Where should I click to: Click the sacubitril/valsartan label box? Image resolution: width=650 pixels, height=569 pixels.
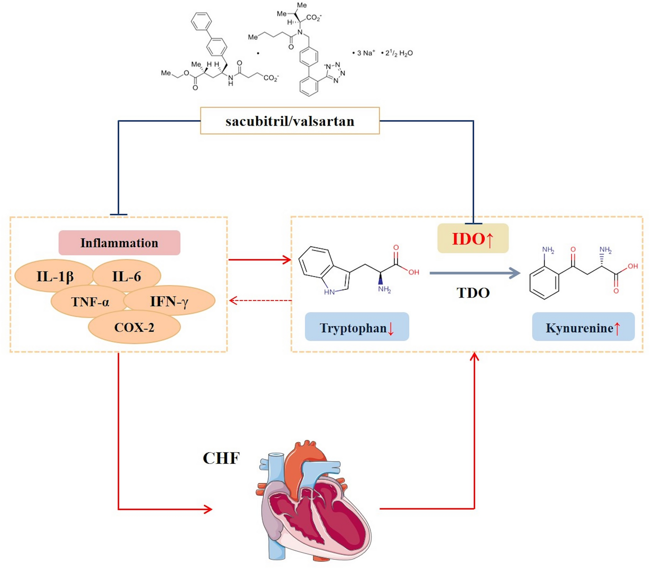point(289,121)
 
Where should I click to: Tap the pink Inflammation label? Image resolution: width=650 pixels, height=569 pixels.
point(119,243)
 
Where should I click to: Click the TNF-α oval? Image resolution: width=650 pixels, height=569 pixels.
point(90,302)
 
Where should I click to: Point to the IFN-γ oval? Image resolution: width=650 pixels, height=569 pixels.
point(169,301)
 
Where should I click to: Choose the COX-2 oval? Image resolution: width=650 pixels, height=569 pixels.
point(134,327)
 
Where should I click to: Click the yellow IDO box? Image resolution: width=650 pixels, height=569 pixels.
point(472,239)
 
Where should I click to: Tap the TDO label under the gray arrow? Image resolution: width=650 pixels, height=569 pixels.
point(473,293)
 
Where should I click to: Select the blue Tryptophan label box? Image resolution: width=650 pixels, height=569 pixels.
point(356,327)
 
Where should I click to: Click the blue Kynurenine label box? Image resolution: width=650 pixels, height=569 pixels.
point(583,327)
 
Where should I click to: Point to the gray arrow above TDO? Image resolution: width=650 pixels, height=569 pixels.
point(475,273)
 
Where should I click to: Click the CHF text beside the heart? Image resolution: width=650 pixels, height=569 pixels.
point(221,458)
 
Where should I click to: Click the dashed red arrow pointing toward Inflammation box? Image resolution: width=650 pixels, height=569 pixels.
point(260,301)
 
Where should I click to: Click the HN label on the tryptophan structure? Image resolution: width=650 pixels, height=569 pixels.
point(329,292)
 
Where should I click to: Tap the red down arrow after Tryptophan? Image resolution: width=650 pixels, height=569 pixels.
point(391,328)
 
